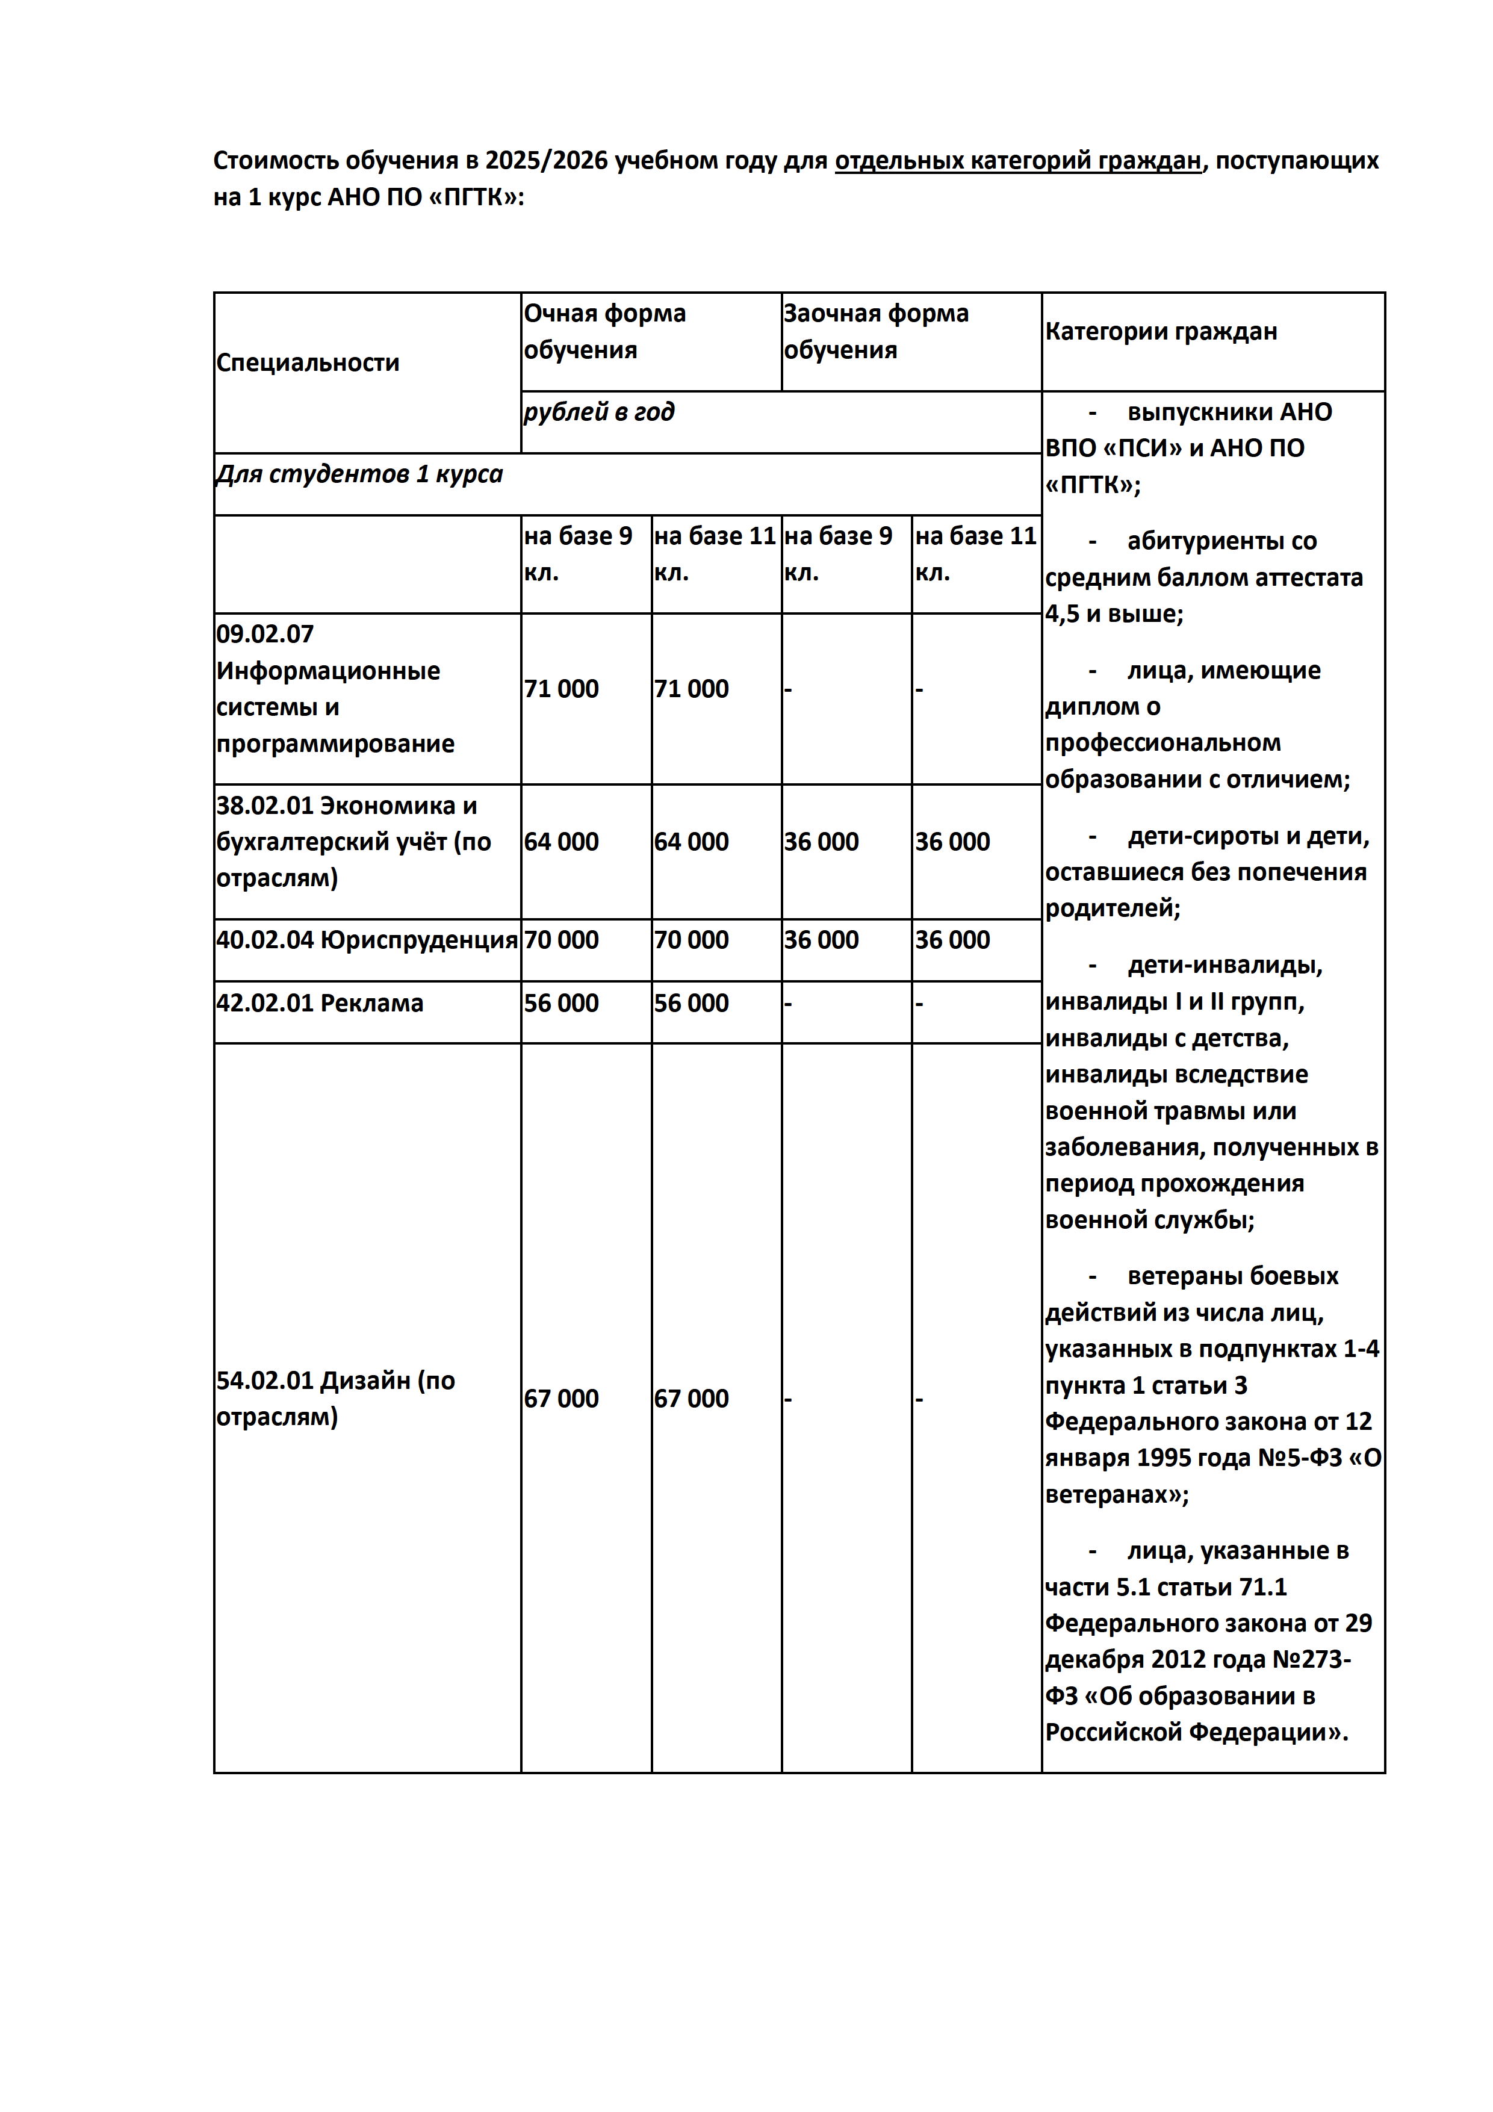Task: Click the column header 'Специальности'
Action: click(x=307, y=362)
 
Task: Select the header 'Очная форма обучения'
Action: click(x=604, y=331)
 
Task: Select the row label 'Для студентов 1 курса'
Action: click(x=359, y=474)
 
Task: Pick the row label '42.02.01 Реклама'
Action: click(x=319, y=1002)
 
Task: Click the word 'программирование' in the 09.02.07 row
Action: click(x=335, y=744)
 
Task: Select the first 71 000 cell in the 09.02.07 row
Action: click(x=561, y=689)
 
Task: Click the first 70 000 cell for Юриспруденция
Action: click(x=561, y=940)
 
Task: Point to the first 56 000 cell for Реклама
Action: click(x=561, y=1002)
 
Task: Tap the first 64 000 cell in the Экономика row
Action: click(x=561, y=842)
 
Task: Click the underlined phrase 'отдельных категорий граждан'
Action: click(x=1017, y=161)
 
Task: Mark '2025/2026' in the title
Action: click(x=547, y=161)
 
